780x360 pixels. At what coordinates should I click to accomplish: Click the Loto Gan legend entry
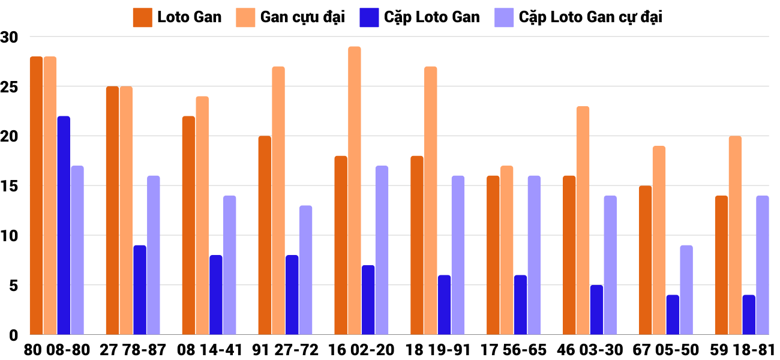[178, 17]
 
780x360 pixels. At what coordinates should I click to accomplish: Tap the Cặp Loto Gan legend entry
[420, 17]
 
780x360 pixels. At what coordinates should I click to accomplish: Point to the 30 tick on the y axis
[10, 37]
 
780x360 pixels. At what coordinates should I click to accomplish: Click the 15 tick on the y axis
[10, 186]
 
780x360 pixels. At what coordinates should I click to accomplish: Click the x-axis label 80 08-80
[57, 350]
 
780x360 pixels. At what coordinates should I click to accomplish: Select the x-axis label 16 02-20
[361, 350]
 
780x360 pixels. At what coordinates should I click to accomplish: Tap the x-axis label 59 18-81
[742, 350]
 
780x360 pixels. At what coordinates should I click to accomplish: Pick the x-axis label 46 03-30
[589, 350]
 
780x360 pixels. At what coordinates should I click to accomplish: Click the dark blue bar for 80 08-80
[64, 225]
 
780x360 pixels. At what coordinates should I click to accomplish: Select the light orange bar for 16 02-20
[355, 191]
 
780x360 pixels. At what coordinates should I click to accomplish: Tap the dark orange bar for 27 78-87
[112, 210]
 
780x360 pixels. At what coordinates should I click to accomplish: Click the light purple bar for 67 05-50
[686, 290]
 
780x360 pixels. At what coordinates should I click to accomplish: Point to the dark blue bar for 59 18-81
[749, 314]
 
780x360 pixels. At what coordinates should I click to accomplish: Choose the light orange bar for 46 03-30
[583, 220]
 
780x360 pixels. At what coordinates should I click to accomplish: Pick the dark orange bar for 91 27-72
[265, 235]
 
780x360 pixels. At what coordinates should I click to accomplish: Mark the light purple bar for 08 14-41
[230, 265]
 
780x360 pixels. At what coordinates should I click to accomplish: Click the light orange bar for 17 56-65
[506, 250]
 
